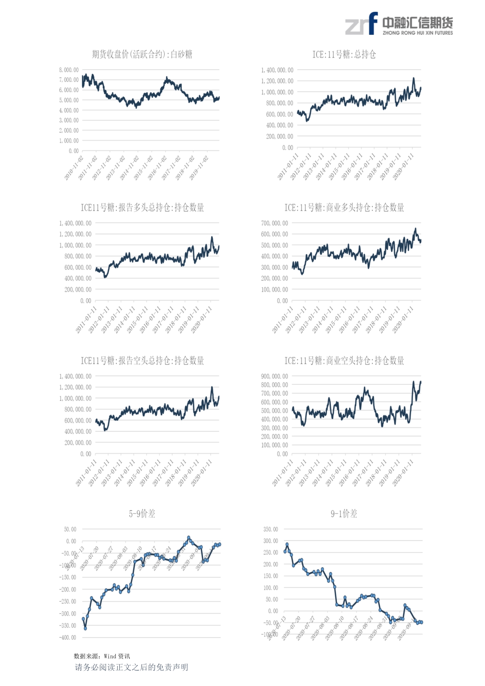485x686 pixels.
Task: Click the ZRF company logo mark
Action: point(361,24)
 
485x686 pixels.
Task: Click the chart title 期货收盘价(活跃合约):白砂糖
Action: point(142,54)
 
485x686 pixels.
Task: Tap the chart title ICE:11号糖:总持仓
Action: point(344,54)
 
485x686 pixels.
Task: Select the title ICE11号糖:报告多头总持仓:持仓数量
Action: point(142,207)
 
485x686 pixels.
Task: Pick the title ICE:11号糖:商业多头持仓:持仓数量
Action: point(344,207)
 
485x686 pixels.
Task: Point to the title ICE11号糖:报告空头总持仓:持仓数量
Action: point(142,360)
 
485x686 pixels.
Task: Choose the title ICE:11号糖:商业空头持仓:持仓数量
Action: point(344,360)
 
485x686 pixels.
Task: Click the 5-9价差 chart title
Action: point(142,513)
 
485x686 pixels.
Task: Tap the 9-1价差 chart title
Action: point(344,513)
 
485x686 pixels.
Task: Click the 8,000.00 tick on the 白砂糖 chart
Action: point(69,70)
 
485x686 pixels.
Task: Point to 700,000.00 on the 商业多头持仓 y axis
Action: point(274,223)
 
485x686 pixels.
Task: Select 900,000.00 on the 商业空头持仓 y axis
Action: point(274,376)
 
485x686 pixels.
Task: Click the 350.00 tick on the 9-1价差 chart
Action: point(271,529)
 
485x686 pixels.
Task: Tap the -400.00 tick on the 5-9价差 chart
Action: point(68,637)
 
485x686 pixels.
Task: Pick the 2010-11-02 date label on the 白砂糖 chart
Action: point(74,168)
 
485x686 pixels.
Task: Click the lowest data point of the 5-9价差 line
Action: point(85,628)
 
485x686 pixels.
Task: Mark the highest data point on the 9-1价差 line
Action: point(287,544)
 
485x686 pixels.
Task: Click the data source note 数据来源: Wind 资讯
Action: point(102,656)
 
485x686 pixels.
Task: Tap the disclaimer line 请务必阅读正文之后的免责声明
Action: point(131,667)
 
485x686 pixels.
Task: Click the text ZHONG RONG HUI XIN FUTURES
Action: point(417,33)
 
